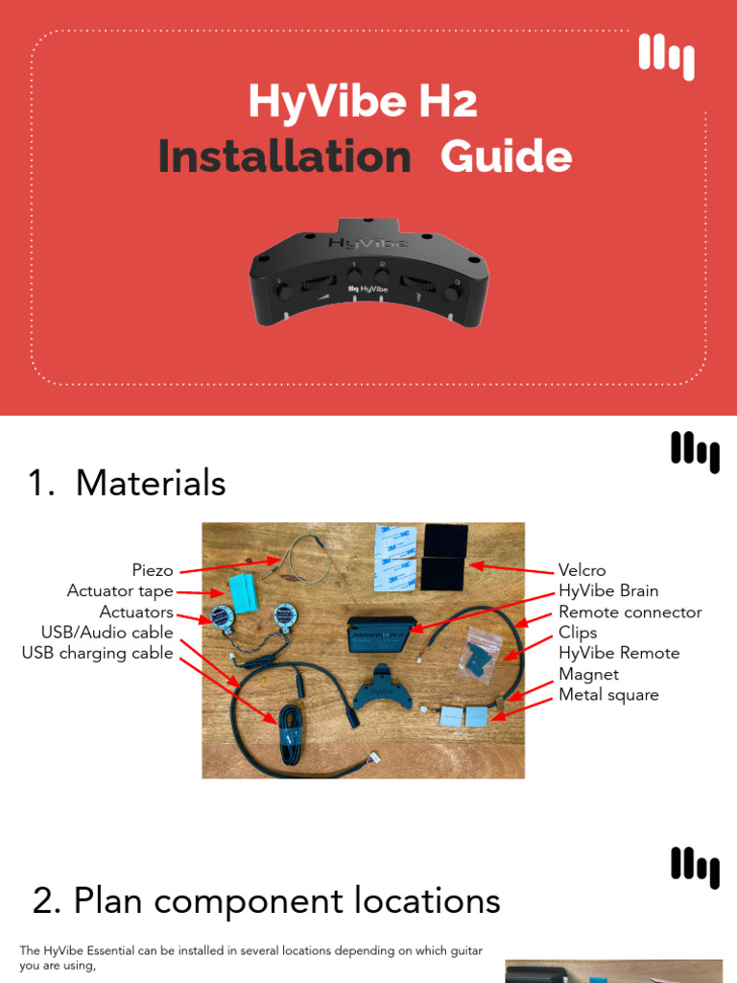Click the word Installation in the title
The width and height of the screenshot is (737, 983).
(x=284, y=157)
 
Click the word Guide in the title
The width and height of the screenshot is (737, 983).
(x=506, y=157)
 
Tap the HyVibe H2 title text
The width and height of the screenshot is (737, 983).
(x=363, y=102)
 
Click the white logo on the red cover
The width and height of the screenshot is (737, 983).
(x=666, y=57)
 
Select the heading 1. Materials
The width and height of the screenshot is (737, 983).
(x=128, y=483)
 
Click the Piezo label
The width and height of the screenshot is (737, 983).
(x=153, y=570)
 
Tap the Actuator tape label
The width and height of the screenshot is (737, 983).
(x=120, y=591)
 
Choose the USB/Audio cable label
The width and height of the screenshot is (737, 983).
(x=107, y=633)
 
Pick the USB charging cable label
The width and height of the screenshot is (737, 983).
(x=97, y=654)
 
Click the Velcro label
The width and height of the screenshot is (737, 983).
(x=582, y=570)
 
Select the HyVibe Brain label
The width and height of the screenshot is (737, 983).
(x=608, y=591)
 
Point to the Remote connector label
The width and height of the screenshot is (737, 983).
(x=630, y=612)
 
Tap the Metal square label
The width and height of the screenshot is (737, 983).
(x=608, y=695)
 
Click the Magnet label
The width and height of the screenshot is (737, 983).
(x=588, y=674)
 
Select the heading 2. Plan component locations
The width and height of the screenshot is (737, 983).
(x=266, y=901)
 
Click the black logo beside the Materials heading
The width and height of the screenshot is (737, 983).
(x=695, y=451)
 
